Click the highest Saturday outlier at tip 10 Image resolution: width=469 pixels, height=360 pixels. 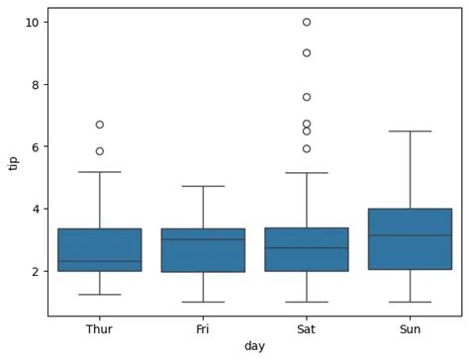click(x=307, y=22)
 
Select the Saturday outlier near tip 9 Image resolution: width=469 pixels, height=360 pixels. click(x=307, y=52)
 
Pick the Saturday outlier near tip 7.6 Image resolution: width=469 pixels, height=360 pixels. click(x=307, y=97)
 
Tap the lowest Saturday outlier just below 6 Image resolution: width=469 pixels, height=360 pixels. click(x=307, y=148)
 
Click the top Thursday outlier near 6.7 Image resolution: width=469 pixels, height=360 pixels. click(x=99, y=125)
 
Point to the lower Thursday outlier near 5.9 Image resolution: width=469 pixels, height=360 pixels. click(x=99, y=151)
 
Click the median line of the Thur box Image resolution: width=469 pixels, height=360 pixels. click(x=99, y=261)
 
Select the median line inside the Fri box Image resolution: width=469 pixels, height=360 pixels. click(x=203, y=239)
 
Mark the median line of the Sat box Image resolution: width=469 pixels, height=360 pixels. click(x=307, y=248)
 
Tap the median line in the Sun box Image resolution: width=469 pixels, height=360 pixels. click(x=410, y=235)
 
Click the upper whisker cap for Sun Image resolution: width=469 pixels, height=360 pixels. click(x=410, y=131)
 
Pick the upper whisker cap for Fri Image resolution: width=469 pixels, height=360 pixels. click(x=203, y=186)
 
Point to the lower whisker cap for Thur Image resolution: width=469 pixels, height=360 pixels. click(x=99, y=295)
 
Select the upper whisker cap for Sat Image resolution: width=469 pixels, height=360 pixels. click(x=307, y=173)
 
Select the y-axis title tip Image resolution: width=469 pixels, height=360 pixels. click(x=13, y=162)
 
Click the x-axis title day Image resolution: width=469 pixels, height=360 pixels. click(x=254, y=346)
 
